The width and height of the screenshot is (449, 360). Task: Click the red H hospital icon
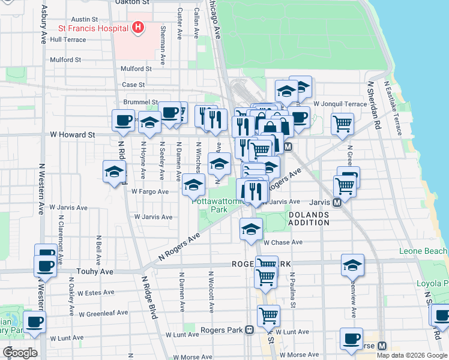[139, 28]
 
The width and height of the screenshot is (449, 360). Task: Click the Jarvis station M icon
[337, 203]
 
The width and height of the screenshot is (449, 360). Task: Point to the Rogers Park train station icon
[250, 330]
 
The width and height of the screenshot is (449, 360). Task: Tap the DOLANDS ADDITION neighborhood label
[309, 218]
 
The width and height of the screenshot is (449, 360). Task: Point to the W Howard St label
[73, 135]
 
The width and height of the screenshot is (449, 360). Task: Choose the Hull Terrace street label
[68, 40]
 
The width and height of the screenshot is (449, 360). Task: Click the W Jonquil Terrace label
[339, 104]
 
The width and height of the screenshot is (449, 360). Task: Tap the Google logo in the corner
[20, 352]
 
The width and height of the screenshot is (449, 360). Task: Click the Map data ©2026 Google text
[411, 355]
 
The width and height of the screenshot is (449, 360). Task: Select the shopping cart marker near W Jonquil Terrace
[342, 124]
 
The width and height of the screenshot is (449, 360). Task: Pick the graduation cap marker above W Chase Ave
[251, 228]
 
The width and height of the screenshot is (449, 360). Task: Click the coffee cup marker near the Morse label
[351, 338]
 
